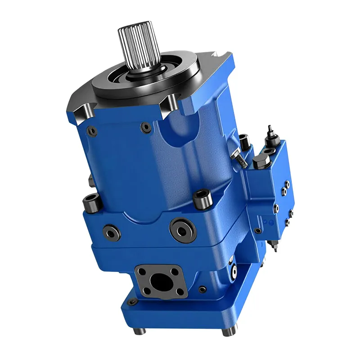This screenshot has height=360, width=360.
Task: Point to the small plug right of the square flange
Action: point(203,289)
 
